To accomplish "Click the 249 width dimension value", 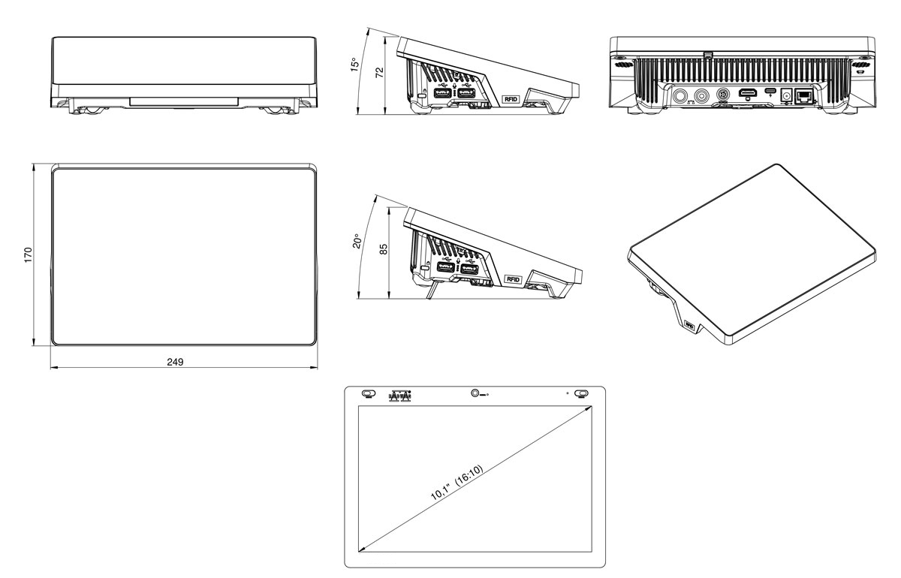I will pyautogui.click(x=175, y=362).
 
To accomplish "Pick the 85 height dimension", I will pyautogui.click(x=382, y=248).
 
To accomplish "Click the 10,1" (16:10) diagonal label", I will pyautogui.click(x=456, y=483).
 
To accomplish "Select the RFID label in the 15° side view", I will pyautogui.click(x=511, y=99).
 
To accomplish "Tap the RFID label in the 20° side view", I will pyautogui.click(x=514, y=279).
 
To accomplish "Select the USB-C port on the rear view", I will pyautogui.click(x=770, y=95).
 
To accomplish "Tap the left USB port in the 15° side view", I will pyautogui.click(x=442, y=95).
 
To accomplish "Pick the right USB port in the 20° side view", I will pyautogui.click(x=469, y=271).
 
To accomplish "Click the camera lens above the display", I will pyautogui.click(x=475, y=393).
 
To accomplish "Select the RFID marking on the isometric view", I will pyautogui.click(x=689, y=327).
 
